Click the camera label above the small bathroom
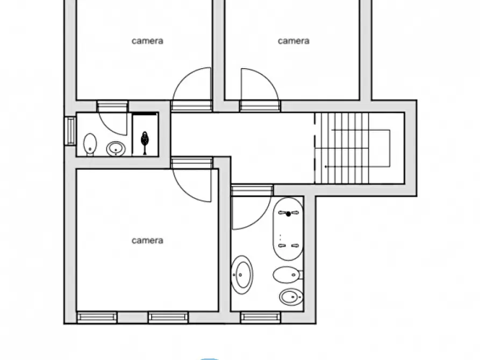point(147,41)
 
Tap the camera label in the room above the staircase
point(293,41)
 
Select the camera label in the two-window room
point(147,241)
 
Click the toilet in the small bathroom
point(90,144)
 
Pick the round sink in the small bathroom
point(116,148)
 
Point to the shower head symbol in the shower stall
point(144,139)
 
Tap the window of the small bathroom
point(70,131)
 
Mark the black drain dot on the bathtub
point(288,214)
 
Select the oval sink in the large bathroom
point(242,275)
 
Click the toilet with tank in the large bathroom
point(287,275)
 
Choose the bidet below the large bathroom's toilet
point(290,296)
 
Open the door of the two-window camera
point(192,183)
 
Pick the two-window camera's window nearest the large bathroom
point(168,317)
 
